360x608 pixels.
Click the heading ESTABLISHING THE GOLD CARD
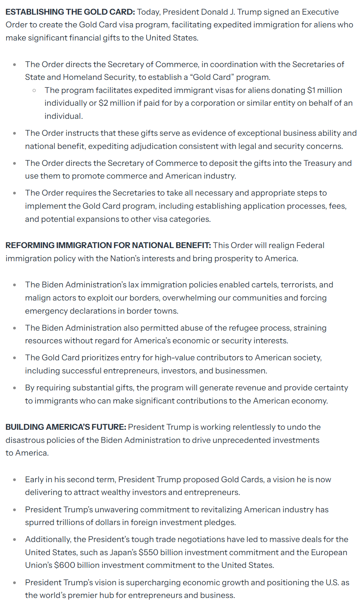pyautogui.click(x=70, y=12)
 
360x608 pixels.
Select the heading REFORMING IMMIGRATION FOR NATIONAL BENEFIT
pyautogui.click(x=108, y=245)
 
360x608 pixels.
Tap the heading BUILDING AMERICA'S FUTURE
pyautogui.click(x=66, y=427)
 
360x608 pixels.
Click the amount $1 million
pyautogui.click(x=325, y=90)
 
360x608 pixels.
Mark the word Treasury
pyautogui.click(x=319, y=163)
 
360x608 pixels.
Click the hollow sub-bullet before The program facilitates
pyautogui.click(x=34, y=90)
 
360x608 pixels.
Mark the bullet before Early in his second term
pyautogui.click(x=15, y=480)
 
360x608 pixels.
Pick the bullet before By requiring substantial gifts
pyautogui.click(x=15, y=388)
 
